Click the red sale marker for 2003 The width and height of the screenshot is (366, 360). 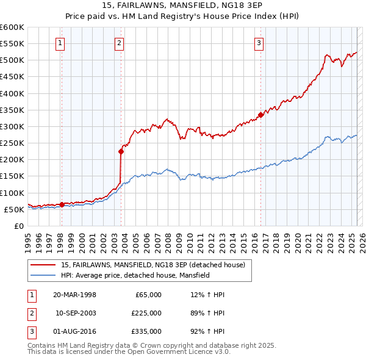click(x=121, y=152)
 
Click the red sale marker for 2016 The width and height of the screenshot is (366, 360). click(x=260, y=115)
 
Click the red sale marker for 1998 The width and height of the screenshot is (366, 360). click(x=62, y=204)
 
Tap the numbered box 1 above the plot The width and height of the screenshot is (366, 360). click(x=61, y=43)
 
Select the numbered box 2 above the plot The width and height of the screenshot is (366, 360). click(x=118, y=43)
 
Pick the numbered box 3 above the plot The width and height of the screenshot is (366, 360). click(x=259, y=43)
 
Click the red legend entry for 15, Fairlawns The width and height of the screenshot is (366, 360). click(x=152, y=265)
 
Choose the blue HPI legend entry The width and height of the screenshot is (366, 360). click(x=135, y=275)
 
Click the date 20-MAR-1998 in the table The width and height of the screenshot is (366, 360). click(x=74, y=295)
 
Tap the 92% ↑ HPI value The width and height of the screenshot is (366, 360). click(x=207, y=331)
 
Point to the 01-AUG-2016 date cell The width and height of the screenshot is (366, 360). click(x=74, y=331)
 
